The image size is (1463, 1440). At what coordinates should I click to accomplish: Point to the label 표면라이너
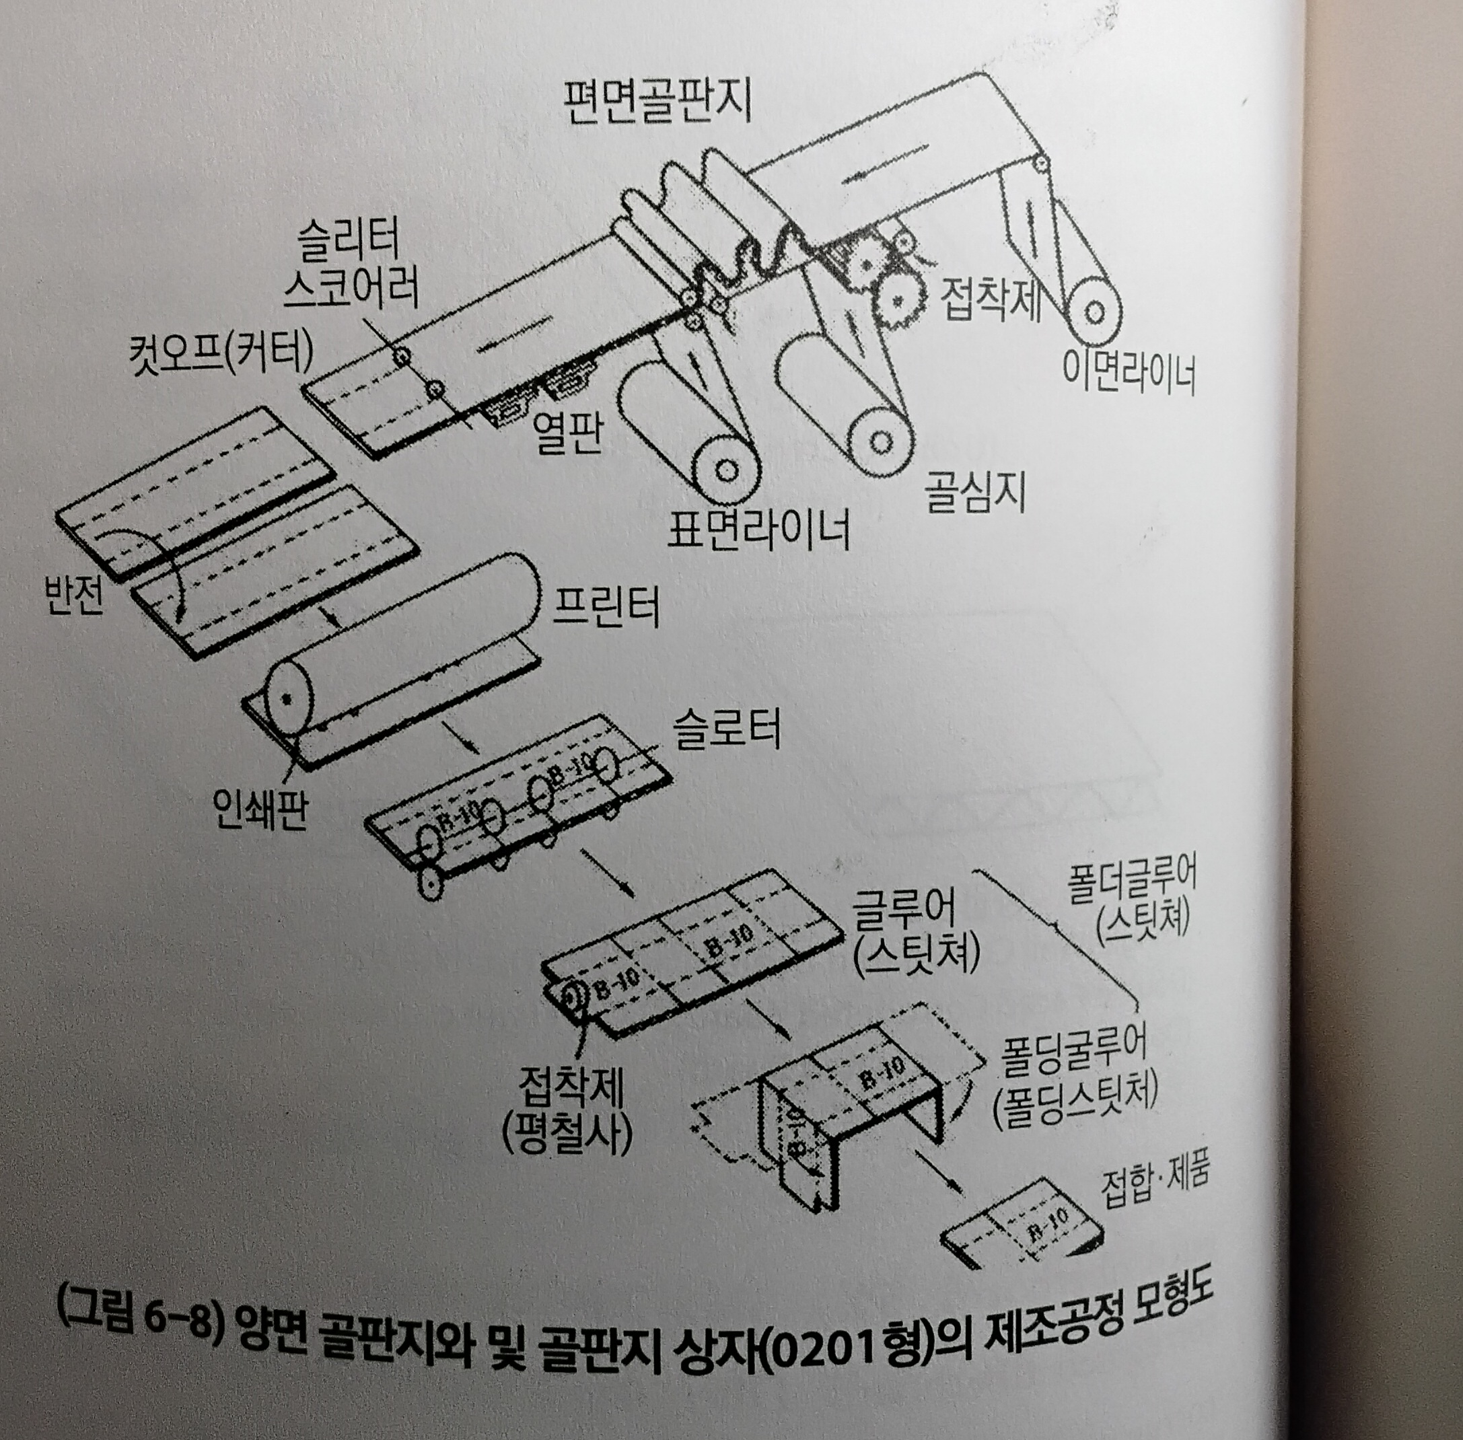[758, 529]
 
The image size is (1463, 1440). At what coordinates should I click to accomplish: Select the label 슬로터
[727, 730]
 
